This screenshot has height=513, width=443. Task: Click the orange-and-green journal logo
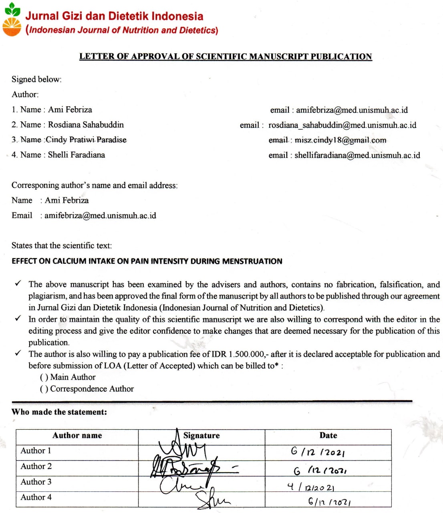point(12,20)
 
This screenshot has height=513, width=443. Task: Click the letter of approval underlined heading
point(226,57)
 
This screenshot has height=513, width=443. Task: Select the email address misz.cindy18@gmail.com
point(340,140)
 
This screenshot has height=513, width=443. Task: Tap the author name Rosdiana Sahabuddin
point(86,125)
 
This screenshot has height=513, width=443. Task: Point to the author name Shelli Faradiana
point(77,155)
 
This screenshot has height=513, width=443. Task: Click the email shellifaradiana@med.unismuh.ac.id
point(357,155)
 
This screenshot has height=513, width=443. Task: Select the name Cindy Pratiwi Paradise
point(86,140)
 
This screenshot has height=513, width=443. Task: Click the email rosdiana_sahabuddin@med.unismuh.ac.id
point(342,125)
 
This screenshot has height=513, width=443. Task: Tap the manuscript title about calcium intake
point(147,261)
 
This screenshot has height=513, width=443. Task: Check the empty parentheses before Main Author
point(44,377)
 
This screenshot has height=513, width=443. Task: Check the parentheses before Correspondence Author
point(44,389)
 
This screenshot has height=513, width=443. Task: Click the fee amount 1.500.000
point(246,354)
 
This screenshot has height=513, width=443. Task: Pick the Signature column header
point(201,436)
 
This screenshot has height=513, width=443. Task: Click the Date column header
point(328,436)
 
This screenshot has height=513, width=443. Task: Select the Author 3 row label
point(36,482)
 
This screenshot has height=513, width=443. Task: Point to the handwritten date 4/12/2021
point(311,487)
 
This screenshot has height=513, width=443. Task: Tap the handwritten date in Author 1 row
point(318,452)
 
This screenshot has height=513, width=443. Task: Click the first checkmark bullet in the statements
point(18,284)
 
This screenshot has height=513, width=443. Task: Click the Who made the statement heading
point(59,412)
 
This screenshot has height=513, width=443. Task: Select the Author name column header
point(77,436)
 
